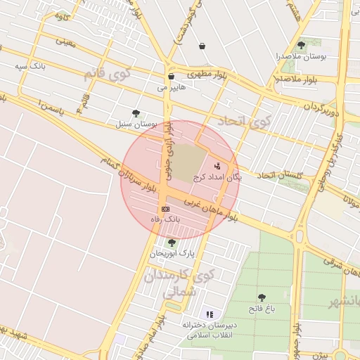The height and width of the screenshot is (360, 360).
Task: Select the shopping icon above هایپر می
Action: [171, 77]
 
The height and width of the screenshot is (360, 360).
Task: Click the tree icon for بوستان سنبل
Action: [136, 112]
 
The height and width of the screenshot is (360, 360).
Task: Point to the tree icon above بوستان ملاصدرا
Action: [302, 45]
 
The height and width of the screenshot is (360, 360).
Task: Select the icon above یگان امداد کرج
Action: [217, 167]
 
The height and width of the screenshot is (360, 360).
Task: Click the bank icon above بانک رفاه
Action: [165, 209]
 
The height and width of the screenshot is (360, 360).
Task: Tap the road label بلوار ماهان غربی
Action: [211, 207]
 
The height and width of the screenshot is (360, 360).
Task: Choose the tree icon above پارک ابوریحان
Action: [172, 242]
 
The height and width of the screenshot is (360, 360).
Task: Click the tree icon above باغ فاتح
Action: [262, 297]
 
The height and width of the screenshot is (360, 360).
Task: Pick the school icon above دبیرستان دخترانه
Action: [209, 314]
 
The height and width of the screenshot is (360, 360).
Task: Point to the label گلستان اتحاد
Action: [279, 174]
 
